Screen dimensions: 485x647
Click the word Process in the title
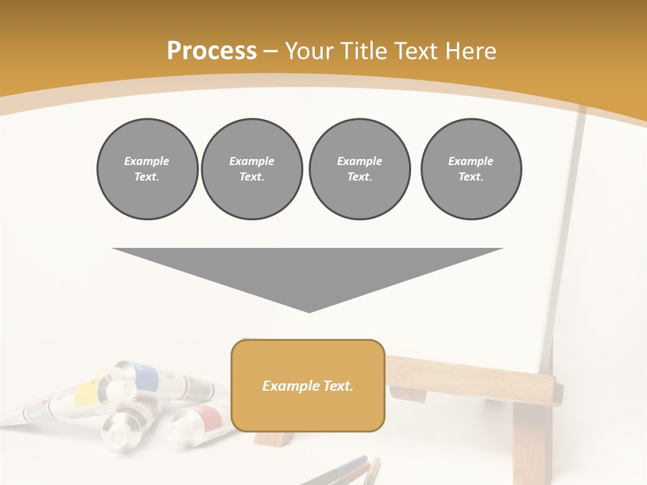212,51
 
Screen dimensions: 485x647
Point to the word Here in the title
469,51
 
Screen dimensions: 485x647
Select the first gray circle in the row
147,169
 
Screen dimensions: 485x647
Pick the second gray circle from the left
251,169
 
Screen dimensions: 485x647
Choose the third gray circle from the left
359,169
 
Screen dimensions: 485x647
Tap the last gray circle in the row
470,169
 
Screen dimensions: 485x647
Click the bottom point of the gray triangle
309,311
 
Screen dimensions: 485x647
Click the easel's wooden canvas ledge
472,381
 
